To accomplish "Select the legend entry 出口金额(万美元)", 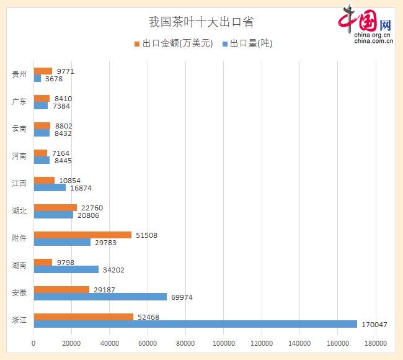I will [x=174, y=43].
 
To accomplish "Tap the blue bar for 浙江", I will [x=195, y=324].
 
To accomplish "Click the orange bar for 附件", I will [x=82, y=235].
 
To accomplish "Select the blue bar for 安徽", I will [x=100, y=297].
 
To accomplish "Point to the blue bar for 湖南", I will [x=66, y=269].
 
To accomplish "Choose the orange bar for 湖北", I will [x=55, y=207].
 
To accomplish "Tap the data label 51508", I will [x=148, y=235].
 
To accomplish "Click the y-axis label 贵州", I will [x=19, y=74].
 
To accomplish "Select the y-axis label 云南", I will [x=19, y=128].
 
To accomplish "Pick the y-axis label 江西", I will [x=19, y=183].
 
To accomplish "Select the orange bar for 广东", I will [x=42, y=98].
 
